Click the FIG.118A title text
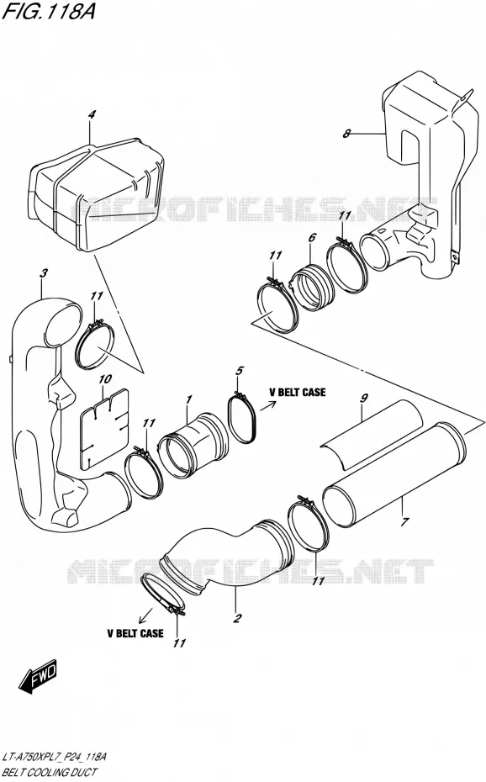tap(48, 11)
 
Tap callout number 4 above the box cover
tap(91, 114)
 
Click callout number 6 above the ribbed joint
tap(312, 237)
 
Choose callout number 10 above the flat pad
tap(104, 379)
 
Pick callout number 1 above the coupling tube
tap(189, 399)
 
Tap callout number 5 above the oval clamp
tap(240, 371)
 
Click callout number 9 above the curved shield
tap(364, 398)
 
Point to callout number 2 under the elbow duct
tap(237, 618)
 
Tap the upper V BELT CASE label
tap(297, 392)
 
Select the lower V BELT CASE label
tap(135, 633)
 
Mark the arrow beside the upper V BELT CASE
tap(267, 404)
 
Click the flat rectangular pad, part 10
tap(103, 428)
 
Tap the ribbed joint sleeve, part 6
tap(311, 288)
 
